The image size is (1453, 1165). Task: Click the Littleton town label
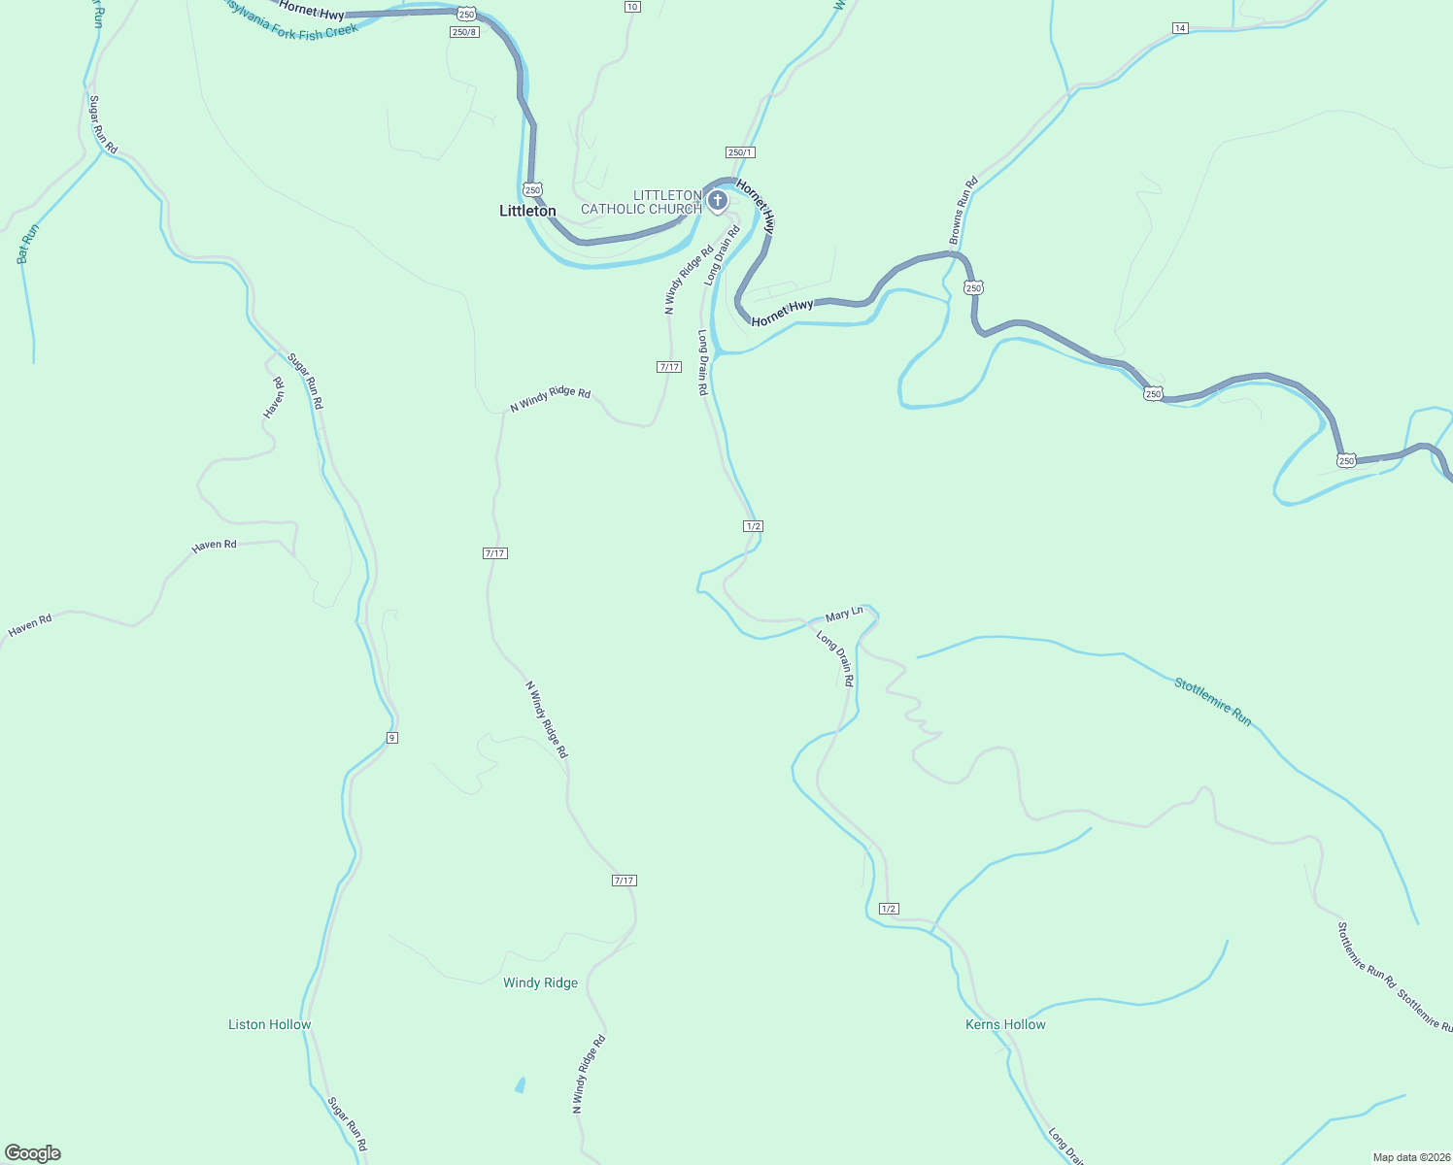[x=527, y=211]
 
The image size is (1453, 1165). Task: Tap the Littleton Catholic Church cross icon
[x=717, y=201]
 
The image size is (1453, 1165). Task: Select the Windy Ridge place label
[x=540, y=982]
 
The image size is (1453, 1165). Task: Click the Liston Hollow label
[x=269, y=1024]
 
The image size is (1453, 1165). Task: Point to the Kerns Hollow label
[x=1005, y=1024]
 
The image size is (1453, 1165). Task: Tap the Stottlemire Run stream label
[x=1212, y=701]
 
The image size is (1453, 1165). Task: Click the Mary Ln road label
[x=843, y=615]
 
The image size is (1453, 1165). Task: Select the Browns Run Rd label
[x=963, y=211]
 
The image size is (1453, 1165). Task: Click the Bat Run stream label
[x=27, y=244]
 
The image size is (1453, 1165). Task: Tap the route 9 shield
[x=391, y=738]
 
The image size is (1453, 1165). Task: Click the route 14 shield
[x=1179, y=28]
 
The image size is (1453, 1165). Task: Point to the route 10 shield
[x=632, y=7]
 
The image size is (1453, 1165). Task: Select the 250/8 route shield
[x=464, y=32]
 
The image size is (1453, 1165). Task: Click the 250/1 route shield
[x=739, y=152]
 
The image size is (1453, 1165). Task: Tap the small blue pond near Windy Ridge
[x=520, y=1084]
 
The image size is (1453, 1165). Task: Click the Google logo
[x=33, y=1152]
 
